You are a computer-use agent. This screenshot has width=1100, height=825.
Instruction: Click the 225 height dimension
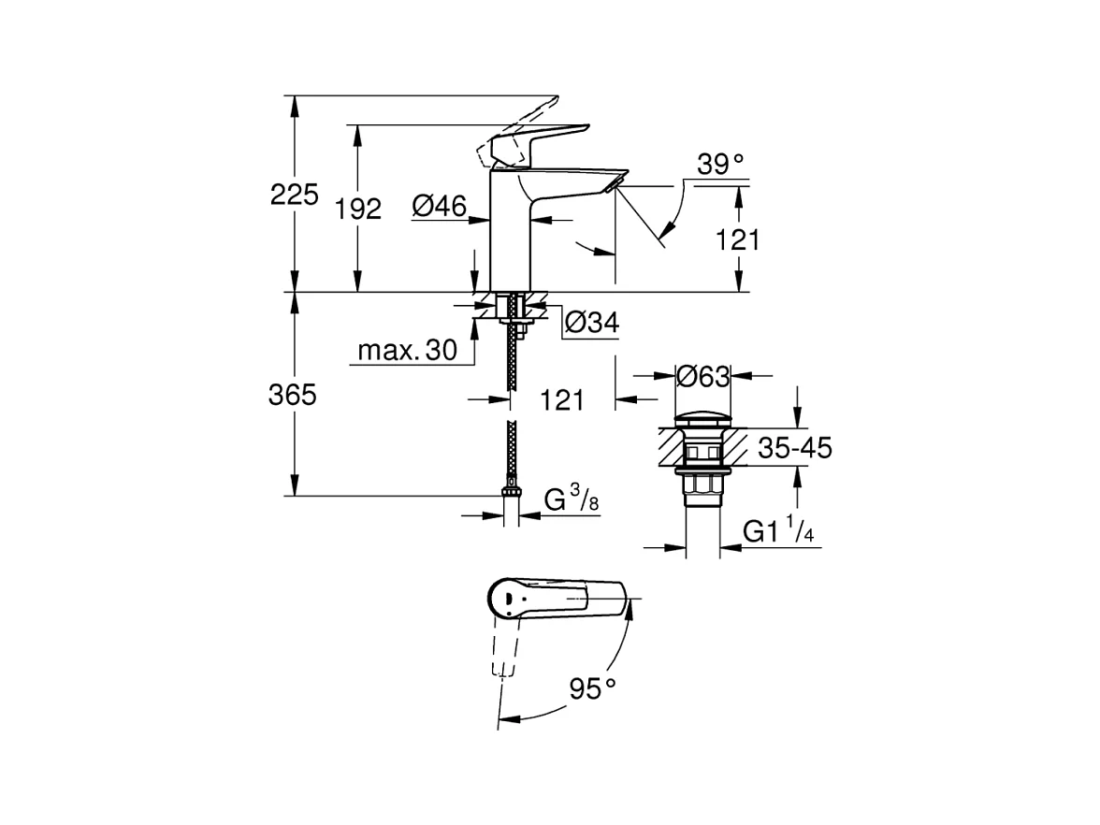pyautogui.click(x=295, y=195)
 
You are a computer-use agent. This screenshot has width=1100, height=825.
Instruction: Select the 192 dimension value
pyautogui.click(x=359, y=210)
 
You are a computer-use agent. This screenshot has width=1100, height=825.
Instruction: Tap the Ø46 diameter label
pyautogui.click(x=439, y=207)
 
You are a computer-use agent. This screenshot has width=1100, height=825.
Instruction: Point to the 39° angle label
pyautogui.click(x=720, y=165)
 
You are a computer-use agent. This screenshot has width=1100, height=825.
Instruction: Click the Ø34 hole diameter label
pyautogui.click(x=592, y=323)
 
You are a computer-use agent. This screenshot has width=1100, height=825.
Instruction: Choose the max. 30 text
pyautogui.click(x=407, y=352)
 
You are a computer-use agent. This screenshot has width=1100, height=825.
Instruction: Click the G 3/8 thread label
pyautogui.click(x=571, y=500)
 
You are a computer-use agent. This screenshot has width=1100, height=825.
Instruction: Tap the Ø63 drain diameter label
pyautogui.click(x=702, y=376)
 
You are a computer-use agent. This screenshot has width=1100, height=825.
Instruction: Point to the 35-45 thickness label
pyautogui.click(x=795, y=448)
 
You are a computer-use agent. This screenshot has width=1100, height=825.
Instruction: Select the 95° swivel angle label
pyautogui.click(x=594, y=690)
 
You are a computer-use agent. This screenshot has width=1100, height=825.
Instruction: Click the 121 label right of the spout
pyautogui.click(x=738, y=240)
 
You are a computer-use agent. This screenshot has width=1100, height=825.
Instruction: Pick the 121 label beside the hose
pyautogui.click(x=562, y=400)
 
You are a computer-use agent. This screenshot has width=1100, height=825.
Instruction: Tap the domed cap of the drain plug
pyautogui.click(x=702, y=417)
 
